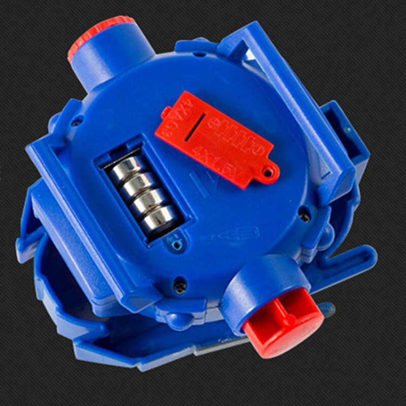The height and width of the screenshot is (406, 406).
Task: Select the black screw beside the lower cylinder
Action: click(x=180, y=286)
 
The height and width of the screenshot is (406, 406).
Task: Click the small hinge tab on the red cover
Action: click(x=165, y=113)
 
